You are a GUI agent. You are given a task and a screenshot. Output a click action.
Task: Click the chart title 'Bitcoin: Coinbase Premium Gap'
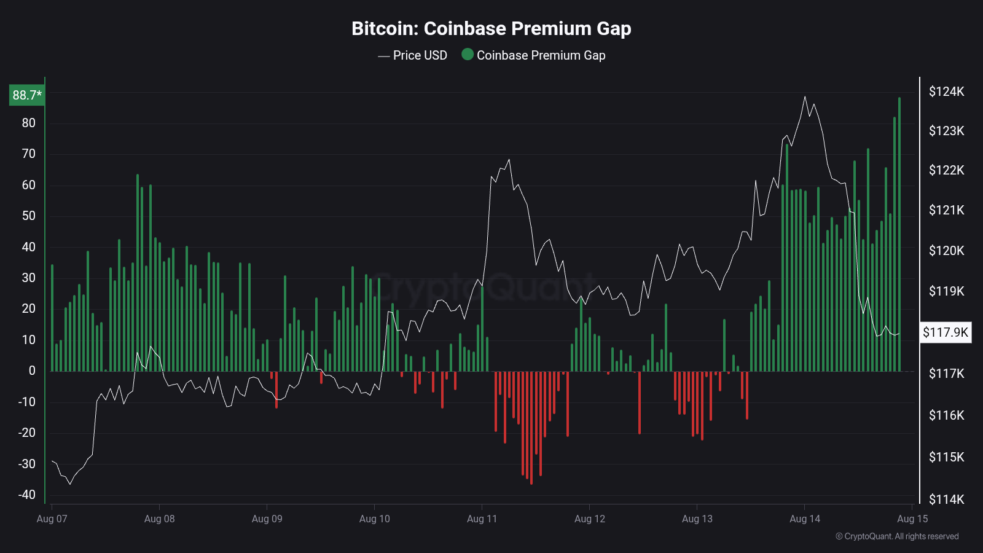click(491, 28)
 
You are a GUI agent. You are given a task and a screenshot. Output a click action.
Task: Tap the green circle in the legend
click(468, 55)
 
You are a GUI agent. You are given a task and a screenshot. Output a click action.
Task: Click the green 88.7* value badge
click(27, 95)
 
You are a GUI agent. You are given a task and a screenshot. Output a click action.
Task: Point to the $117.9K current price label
click(946, 332)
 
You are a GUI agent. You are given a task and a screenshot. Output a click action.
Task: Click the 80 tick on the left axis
click(29, 123)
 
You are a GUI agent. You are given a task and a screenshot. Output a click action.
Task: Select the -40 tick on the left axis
click(27, 495)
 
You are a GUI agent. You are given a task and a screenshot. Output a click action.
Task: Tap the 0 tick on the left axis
click(32, 371)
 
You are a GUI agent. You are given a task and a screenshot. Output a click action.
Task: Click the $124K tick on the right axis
click(946, 92)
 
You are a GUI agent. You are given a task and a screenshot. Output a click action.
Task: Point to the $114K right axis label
click(946, 499)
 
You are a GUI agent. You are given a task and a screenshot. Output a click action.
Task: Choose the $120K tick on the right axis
click(946, 251)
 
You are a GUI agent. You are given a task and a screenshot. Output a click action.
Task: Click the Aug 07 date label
click(52, 519)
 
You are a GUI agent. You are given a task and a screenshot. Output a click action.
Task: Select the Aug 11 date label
click(482, 519)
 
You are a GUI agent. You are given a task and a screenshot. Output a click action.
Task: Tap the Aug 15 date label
click(912, 519)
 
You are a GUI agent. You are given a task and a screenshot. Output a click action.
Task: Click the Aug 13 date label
click(697, 519)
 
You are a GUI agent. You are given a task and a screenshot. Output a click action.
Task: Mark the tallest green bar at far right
click(899, 233)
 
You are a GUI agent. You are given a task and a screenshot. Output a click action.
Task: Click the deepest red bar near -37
click(531, 430)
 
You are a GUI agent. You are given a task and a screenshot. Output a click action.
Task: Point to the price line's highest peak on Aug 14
click(805, 96)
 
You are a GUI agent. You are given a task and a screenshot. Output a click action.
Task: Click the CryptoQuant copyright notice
click(897, 536)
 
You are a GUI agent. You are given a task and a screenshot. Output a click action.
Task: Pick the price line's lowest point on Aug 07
click(69, 484)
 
